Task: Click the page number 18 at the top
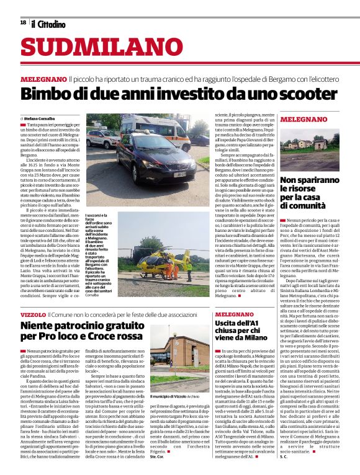[x=23, y=22]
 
